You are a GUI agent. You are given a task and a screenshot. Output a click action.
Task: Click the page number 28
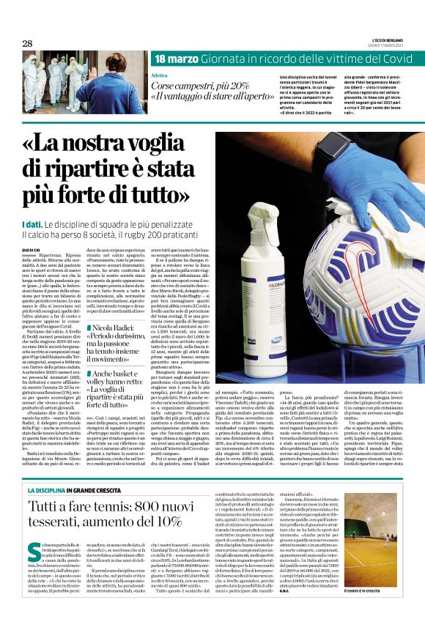27,43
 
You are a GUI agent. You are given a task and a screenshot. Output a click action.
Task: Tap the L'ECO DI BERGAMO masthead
387,40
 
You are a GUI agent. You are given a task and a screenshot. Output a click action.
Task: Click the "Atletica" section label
159,76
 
